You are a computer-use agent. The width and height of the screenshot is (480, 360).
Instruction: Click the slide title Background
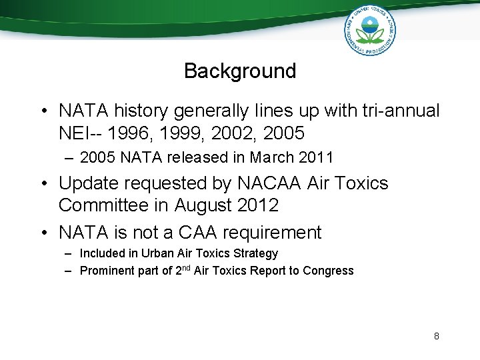point(240,71)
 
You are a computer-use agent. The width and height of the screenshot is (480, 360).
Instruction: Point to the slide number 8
point(437,336)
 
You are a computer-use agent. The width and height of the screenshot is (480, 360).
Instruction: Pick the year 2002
point(227,133)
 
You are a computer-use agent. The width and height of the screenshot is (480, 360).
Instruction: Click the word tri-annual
point(399,111)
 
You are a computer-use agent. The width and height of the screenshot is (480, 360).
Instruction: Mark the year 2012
point(259,206)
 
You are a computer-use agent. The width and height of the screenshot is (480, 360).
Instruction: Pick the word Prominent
point(107,271)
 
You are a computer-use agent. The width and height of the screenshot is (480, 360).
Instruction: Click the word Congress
point(328,271)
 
